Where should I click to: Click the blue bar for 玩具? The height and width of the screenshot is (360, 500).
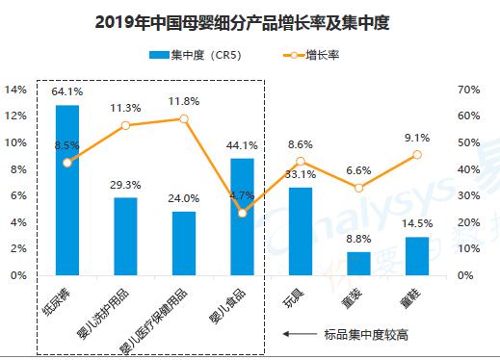click(x=301, y=231)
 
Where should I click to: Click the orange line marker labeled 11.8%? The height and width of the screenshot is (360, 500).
click(x=184, y=119)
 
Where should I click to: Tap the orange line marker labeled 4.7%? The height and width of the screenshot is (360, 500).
click(x=242, y=213)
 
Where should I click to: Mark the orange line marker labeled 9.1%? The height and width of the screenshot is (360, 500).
click(x=416, y=154)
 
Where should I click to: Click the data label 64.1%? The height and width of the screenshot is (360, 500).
click(x=67, y=92)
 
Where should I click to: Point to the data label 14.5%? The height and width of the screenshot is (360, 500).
click(x=416, y=224)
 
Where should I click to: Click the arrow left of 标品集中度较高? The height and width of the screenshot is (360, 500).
click(x=298, y=334)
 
